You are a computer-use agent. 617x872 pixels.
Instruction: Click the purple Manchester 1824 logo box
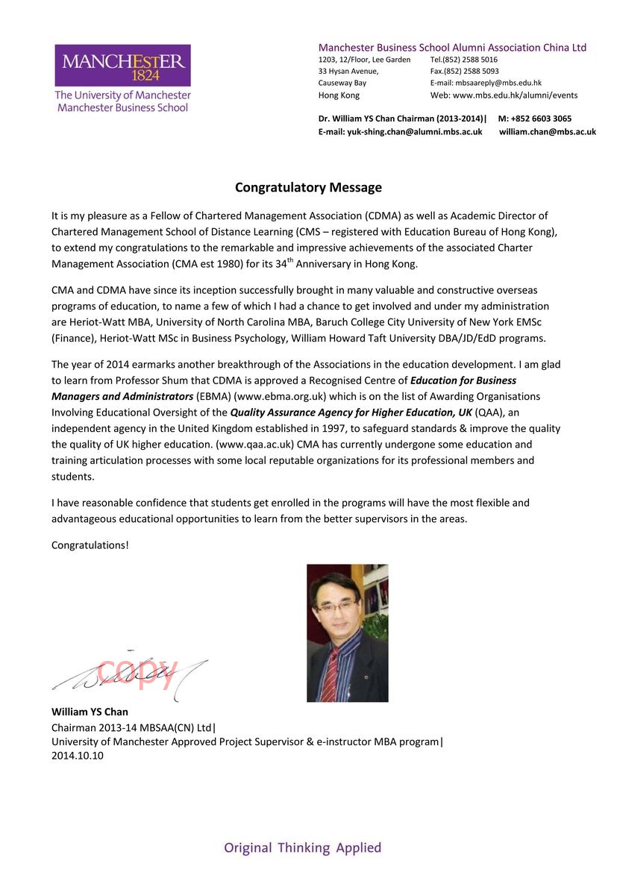click(x=122, y=65)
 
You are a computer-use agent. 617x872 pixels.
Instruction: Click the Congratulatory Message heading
click(x=308, y=187)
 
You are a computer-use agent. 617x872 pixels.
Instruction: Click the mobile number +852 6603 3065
click(x=541, y=119)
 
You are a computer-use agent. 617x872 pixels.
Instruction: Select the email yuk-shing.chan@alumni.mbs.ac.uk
click(x=415, y=132)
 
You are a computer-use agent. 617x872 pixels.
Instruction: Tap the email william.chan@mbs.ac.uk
click(x=547, y=132)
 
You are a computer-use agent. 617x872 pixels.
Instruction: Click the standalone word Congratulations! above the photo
click(x=90, y=545)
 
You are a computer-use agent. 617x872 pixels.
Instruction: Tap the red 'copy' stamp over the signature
click(x=137, y=669)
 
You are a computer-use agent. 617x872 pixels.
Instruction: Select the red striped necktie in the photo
click(x=329, y=676)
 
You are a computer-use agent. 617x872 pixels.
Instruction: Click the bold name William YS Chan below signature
click(x=90, y=712)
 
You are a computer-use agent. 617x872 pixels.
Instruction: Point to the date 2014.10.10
click(x=78, y=756)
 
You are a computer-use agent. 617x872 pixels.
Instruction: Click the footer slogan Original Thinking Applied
click(x=302, y=848)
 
